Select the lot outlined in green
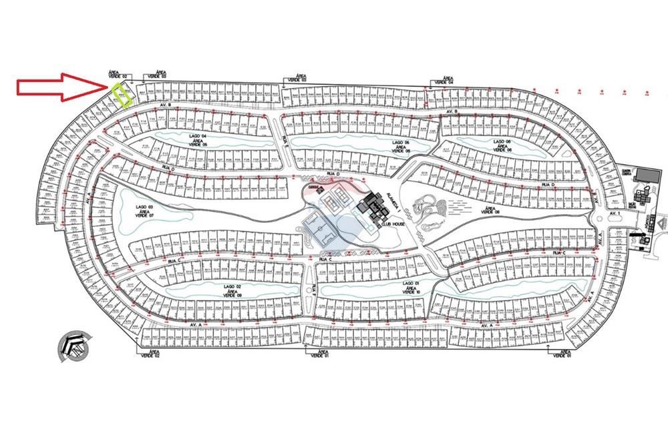pyautogui.click(x=122, y=95)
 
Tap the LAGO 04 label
pyautogui.click(x=196, y=134)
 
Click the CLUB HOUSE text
pyautogui.click(x=394, y=225)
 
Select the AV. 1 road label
pyautogui.click(x=614, y=213)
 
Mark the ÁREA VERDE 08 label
pyautogui.click(x=490, y=212)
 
